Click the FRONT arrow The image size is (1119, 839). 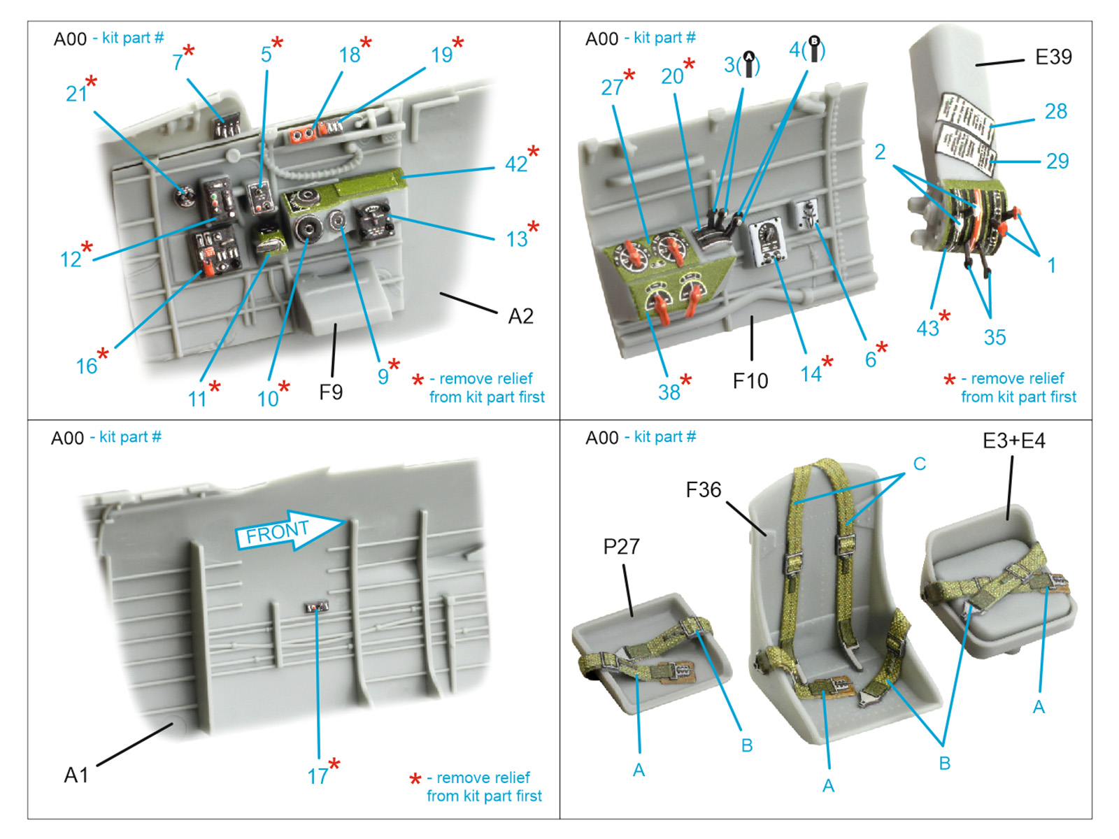pos(287,531)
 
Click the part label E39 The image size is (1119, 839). pos(1053,57)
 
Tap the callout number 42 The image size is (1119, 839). pos(516,164)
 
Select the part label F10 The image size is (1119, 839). pos(750,381)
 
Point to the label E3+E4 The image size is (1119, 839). pos(1013,441)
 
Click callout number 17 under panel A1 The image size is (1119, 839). pos(318,775)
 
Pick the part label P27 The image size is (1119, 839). pos(621,546)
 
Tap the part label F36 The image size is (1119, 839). pos(703,490)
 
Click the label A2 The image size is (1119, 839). pos(520,317)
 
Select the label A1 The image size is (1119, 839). pos(76,775)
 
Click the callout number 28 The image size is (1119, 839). pos(1055,111)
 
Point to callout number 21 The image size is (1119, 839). pos(76,94)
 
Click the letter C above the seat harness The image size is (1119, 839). pos(919,464)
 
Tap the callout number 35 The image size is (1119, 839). pos(995,337)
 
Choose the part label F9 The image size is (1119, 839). pos(331,392)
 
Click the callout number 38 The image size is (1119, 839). pos(669,392)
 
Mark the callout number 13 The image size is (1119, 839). pos(517,239)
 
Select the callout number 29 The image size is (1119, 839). pos(1057,162)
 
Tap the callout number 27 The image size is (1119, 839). pos(611,87)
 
